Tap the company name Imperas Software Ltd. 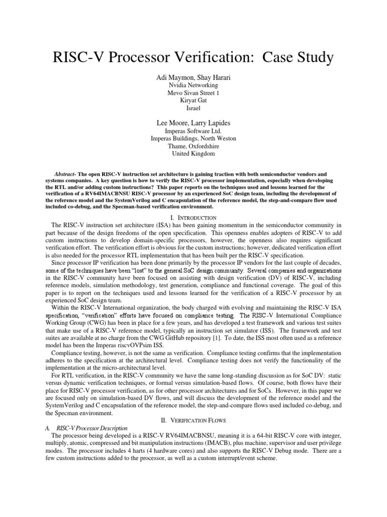pos(193,131)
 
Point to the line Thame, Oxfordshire pos(193,146)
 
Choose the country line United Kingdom pos(193,153)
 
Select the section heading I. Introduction pos(193,218)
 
